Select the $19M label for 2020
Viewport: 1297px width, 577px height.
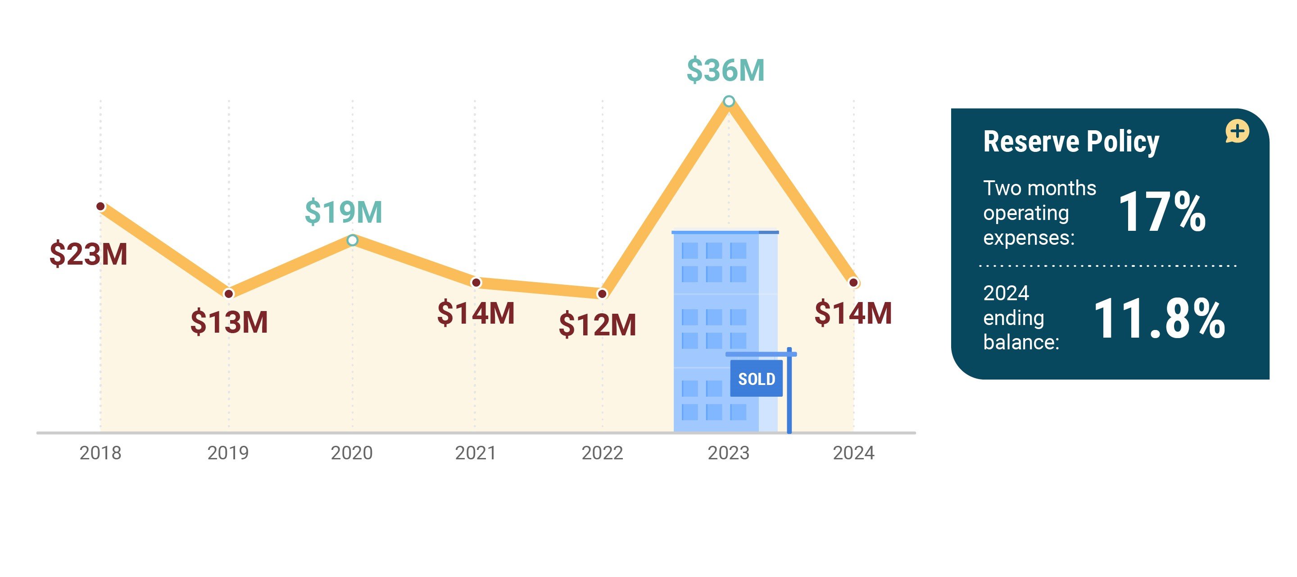343,212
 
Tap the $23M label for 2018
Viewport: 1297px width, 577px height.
88,253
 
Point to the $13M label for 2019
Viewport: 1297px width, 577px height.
229,322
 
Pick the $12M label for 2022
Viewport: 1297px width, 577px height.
597,325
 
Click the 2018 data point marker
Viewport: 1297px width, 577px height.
101,206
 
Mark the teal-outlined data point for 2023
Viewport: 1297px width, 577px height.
728,101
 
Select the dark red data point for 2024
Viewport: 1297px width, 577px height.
853,283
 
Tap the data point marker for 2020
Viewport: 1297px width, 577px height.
353,240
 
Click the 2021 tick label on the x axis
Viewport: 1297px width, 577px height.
475,453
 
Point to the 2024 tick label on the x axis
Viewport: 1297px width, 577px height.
853,453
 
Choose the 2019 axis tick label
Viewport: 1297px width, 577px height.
228,453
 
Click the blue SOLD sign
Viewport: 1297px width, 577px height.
756,379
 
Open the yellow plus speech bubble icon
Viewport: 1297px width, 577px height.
1237,132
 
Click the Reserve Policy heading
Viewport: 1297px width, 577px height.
1071,142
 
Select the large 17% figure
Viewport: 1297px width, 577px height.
1161,212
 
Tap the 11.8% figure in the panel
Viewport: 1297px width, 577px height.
1159,319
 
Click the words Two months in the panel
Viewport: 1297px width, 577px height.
1039,188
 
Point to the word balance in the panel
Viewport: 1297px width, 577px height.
1020,342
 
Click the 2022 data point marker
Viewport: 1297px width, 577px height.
602,293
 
